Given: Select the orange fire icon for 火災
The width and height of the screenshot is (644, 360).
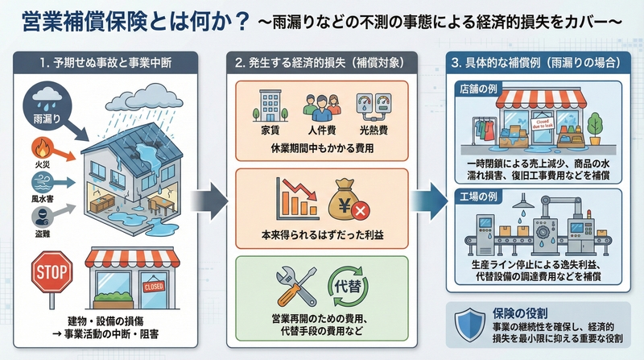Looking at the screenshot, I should point(41,148).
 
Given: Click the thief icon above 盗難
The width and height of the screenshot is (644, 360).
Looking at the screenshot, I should point(41,216).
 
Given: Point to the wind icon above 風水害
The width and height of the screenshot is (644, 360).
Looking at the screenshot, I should point(41,182).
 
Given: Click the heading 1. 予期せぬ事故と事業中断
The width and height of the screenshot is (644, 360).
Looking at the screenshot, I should point(109,63).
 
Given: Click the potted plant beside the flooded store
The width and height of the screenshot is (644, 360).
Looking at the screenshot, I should point(595,124).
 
